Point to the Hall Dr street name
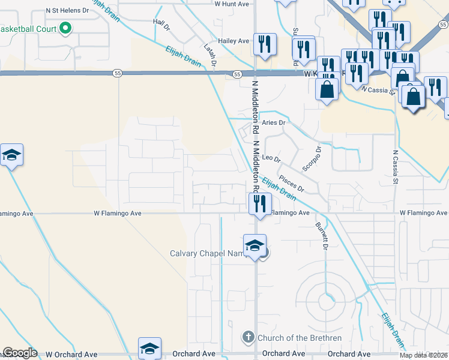(161, 25)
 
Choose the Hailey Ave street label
(234, 41)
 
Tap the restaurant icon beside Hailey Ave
(263, 43)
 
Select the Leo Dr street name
(272, 158)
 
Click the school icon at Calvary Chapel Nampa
(254, 245)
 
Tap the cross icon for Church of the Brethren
(249, 338)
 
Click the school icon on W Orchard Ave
(149, 348)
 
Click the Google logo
(19, 353)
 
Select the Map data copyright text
(423, 355)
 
